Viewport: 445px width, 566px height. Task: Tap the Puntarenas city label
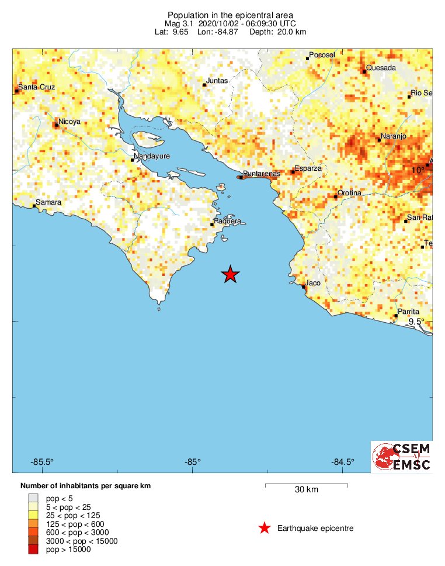click(261, 174)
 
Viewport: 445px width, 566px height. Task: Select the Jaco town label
click(314, 283)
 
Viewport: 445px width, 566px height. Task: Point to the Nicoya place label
click(69, 122)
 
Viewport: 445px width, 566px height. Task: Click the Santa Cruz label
click(36, 87)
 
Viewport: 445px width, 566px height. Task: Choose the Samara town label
click(48, 202)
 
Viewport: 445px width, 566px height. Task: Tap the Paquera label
click(228, 221)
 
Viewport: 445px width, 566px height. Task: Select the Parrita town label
click(408, 312)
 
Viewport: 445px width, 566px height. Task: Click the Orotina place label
click(350, 193)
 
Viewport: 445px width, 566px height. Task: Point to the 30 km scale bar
click(306, 485)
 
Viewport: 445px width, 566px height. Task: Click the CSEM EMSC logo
click(402, 457)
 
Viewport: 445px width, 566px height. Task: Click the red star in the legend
click(265, 529)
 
